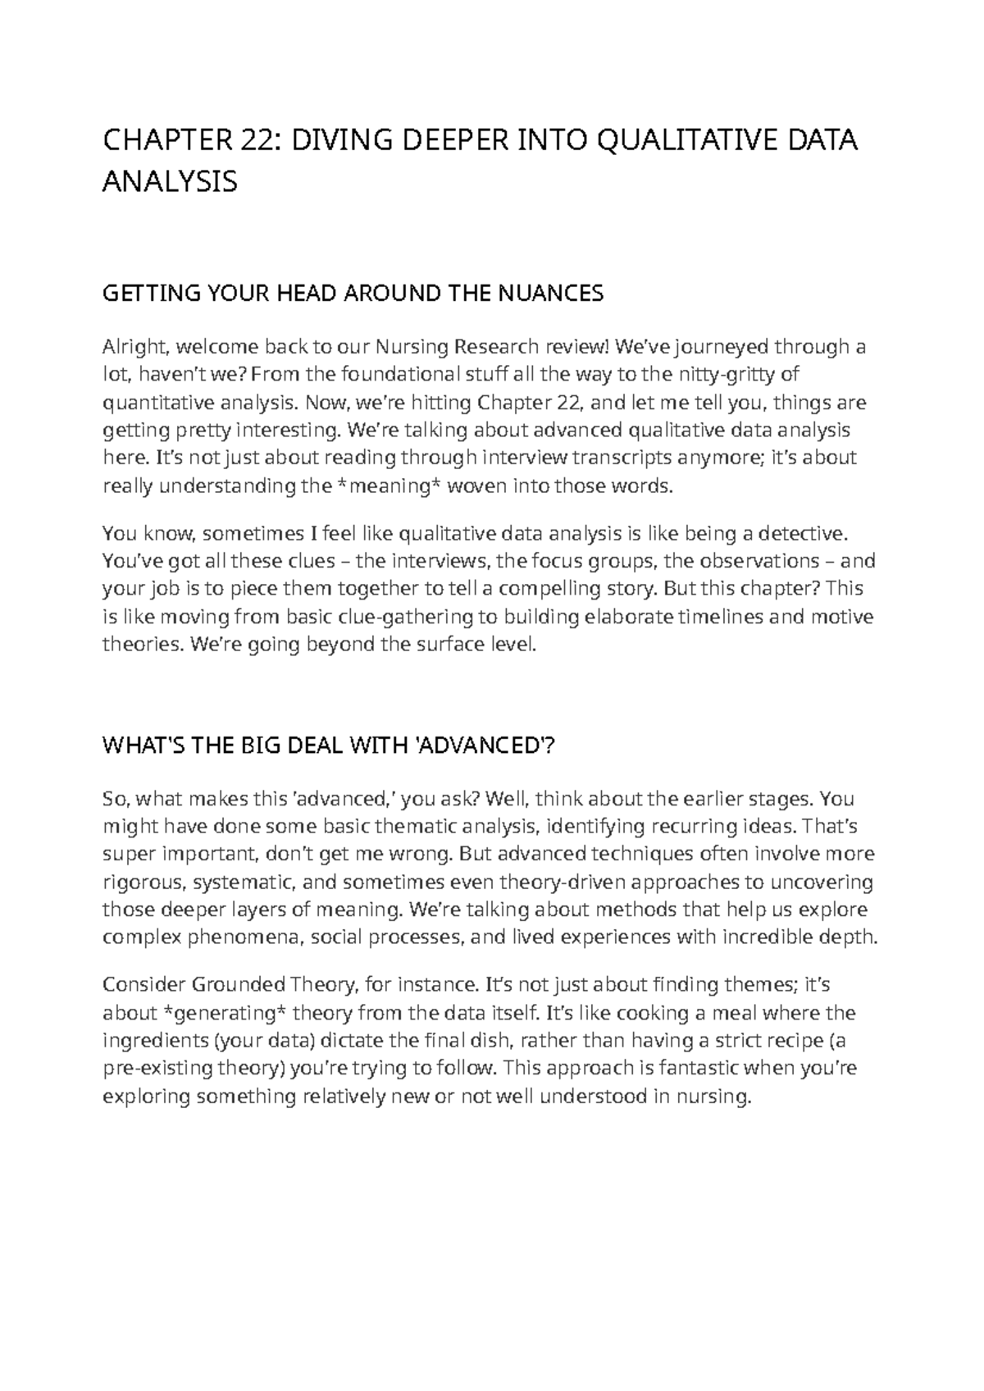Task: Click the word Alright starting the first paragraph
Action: point(131,347)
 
